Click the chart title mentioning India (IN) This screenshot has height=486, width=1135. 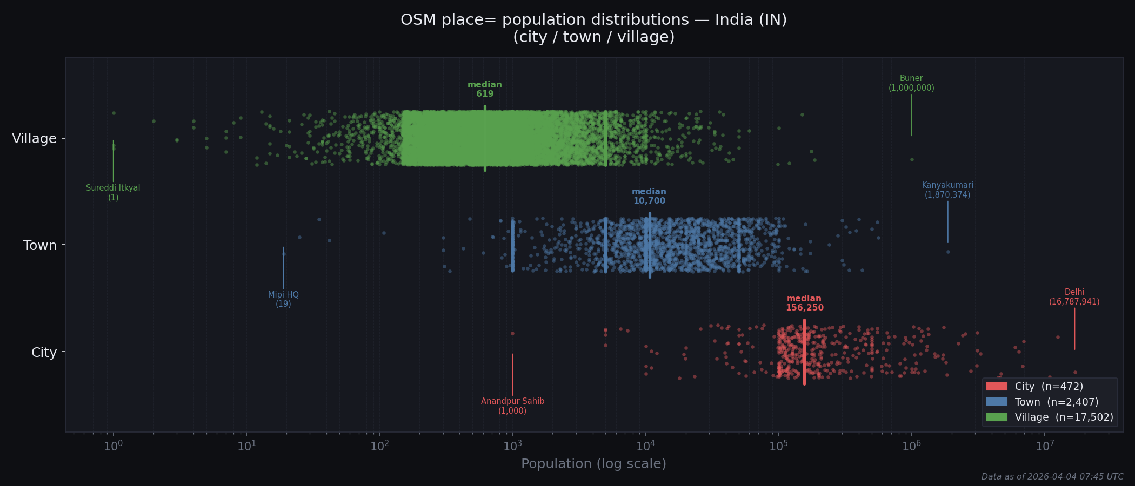(x=593, y=28)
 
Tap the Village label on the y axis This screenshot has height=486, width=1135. (x=34, y=139)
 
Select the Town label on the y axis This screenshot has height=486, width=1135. (x=40, y=246)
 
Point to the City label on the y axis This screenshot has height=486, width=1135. (x=44, y=353)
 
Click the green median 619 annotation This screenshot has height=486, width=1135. (x=484, y=89)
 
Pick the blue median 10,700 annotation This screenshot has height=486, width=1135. (x=649, y=196)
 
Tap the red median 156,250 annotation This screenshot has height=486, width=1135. (x=804, y=303)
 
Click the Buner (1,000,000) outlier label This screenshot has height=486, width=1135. (x=911, y=83)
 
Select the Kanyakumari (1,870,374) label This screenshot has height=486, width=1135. (x=947, y=190)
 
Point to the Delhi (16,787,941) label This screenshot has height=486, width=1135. (x=1074, y=297)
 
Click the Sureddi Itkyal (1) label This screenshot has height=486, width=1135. (x=113, y=192)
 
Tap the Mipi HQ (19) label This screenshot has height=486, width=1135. (x=283, y=299)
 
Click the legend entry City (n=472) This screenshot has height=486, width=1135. (x=1048, y=387)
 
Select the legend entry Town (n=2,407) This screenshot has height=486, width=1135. (x=1048, y=402)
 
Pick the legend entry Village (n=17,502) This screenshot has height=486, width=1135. (x=1048, y=417)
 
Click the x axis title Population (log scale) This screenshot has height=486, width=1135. (x=593, y=464)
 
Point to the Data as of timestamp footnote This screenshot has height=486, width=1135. (x=1052, y=477)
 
